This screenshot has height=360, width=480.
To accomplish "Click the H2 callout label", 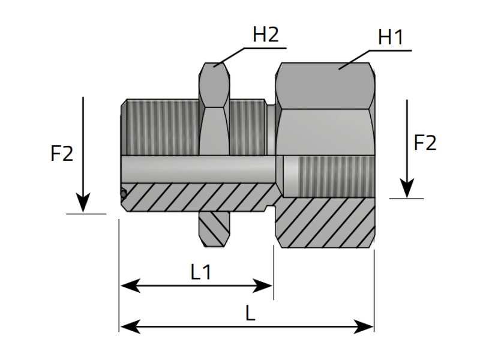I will [x=266, y=35].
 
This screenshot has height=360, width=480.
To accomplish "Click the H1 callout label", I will [x=391, y=38].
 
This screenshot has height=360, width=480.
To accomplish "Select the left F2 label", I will [x=62, y=154].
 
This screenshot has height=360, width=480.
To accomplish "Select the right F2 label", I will [x=425, y=143].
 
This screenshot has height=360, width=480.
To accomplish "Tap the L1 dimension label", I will [x=202, y=272].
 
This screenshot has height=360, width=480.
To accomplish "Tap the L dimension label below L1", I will [x=250, y=313].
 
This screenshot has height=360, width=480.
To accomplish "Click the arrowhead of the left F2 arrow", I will [x=83, y=203].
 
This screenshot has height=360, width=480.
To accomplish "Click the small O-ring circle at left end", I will [x=122, y=194].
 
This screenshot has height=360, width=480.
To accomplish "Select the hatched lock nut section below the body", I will [x=214, y=229].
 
